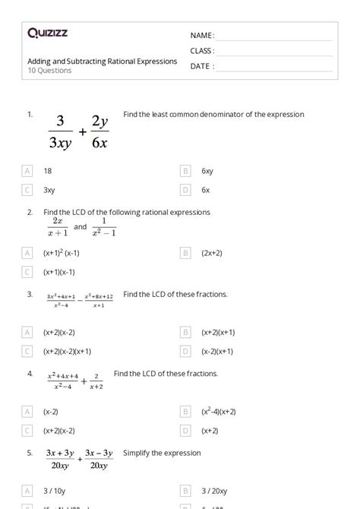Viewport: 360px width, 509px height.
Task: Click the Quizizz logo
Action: [47, 33]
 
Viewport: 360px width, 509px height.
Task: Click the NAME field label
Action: [202, 36]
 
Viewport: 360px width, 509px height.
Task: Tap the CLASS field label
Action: [202, 51]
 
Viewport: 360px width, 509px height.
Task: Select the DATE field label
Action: [201, 66]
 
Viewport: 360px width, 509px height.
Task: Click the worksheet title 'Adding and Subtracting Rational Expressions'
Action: [103, 61]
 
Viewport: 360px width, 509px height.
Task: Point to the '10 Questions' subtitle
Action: [49, 71]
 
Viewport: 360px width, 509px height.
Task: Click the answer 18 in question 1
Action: [48, 172]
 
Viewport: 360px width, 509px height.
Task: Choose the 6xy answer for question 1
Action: [207, 172]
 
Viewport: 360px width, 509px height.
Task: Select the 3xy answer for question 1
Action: [49, 190]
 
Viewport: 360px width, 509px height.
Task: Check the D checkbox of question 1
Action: [185, 190]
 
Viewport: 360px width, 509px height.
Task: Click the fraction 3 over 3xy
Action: [62, 131]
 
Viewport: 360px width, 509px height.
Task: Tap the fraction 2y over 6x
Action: [100, 131]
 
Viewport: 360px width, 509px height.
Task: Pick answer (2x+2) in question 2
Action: [213, 252]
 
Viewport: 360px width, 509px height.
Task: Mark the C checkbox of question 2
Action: [28, 271]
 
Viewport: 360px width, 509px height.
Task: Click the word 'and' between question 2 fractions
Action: [81, 226]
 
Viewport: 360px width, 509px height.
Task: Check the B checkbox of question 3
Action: [185, 332]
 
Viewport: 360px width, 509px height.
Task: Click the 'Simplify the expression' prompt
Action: [162, 453]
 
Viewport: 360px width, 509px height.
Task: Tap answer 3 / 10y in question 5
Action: [55, 491]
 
